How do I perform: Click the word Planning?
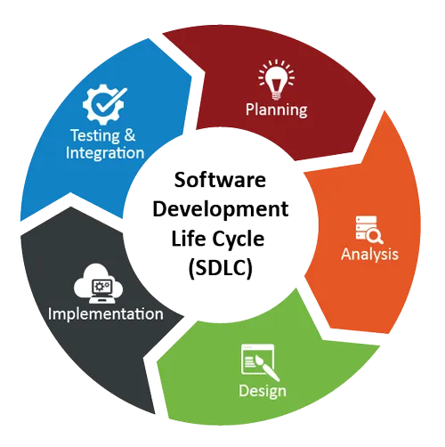point(276,110)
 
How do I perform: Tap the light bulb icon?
point(276,79)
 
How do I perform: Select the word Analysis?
point(369,255)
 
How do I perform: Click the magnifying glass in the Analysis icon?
point(375,237)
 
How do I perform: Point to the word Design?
point(263,391)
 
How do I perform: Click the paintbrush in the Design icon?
point(266,369)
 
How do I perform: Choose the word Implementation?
point(106,314)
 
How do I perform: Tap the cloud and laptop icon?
point(98,283)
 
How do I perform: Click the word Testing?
point(95,136)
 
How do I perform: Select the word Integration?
point(105,153)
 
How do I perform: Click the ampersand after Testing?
point(130,135)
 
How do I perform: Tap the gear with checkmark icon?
point(105,104)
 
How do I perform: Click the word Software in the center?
point(220,180)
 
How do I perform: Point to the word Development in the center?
point(221,210)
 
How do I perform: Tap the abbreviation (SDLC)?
point(220,268)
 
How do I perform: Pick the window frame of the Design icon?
point(257,359)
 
